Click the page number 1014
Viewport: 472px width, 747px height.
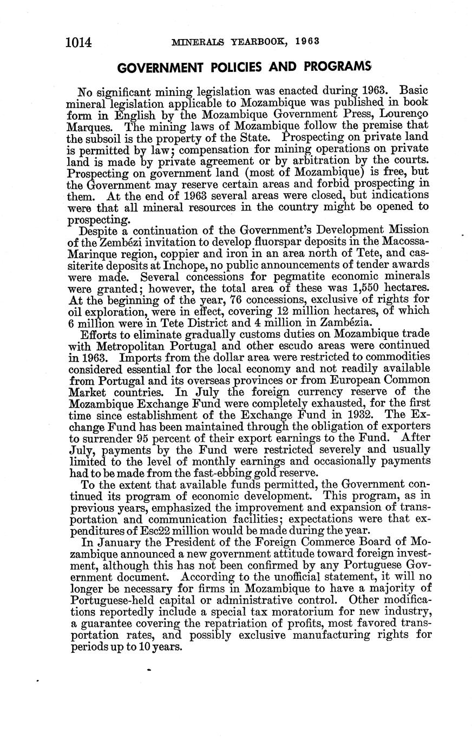(80, 41)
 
